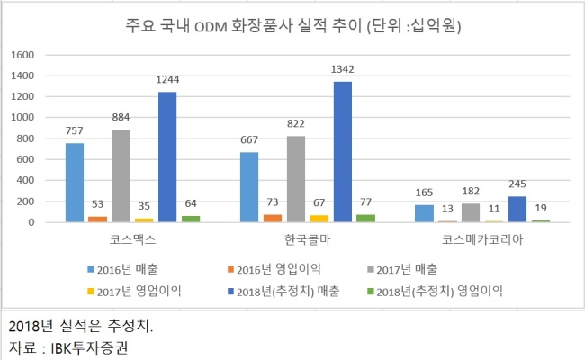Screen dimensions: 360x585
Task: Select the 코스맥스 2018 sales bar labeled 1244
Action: point(167,157)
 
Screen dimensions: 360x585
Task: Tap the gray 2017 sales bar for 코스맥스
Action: point(121,175)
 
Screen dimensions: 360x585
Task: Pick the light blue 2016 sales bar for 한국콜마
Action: point(249,187)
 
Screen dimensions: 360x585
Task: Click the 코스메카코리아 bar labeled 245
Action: point(517,209)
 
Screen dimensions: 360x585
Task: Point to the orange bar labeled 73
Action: point(273,218)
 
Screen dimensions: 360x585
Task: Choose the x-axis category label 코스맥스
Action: point(132,241)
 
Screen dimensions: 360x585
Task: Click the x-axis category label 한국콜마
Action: point(308,241)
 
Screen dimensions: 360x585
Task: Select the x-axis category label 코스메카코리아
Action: point(482,241)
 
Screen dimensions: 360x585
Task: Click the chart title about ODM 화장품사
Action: point(292,25)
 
